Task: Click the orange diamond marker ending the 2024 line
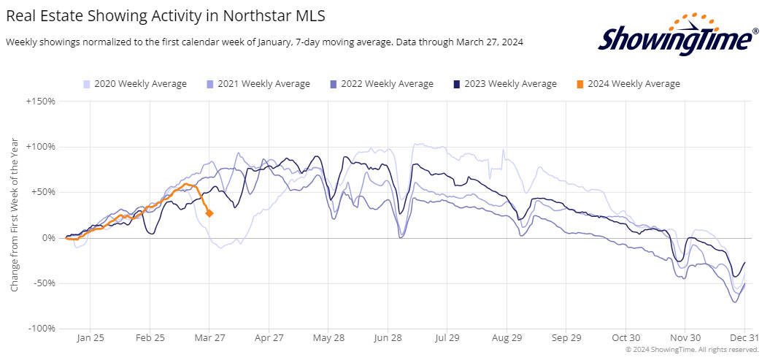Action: click(x=209, y=213)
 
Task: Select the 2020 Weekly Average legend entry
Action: click(x=135, y=84)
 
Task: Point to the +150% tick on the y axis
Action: click(x=41, y=101)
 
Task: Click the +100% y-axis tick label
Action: click(x=41, y=147)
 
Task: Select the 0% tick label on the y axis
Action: click(x=48, y=238)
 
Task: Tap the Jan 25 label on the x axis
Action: click(x=90, y=338)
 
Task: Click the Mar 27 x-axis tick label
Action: click(x=209, y=338)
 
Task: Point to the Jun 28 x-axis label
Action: click(x=388, y=338)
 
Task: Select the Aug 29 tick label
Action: click(x=507, y=338)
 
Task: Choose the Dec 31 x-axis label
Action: click(x=744, y=338)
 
